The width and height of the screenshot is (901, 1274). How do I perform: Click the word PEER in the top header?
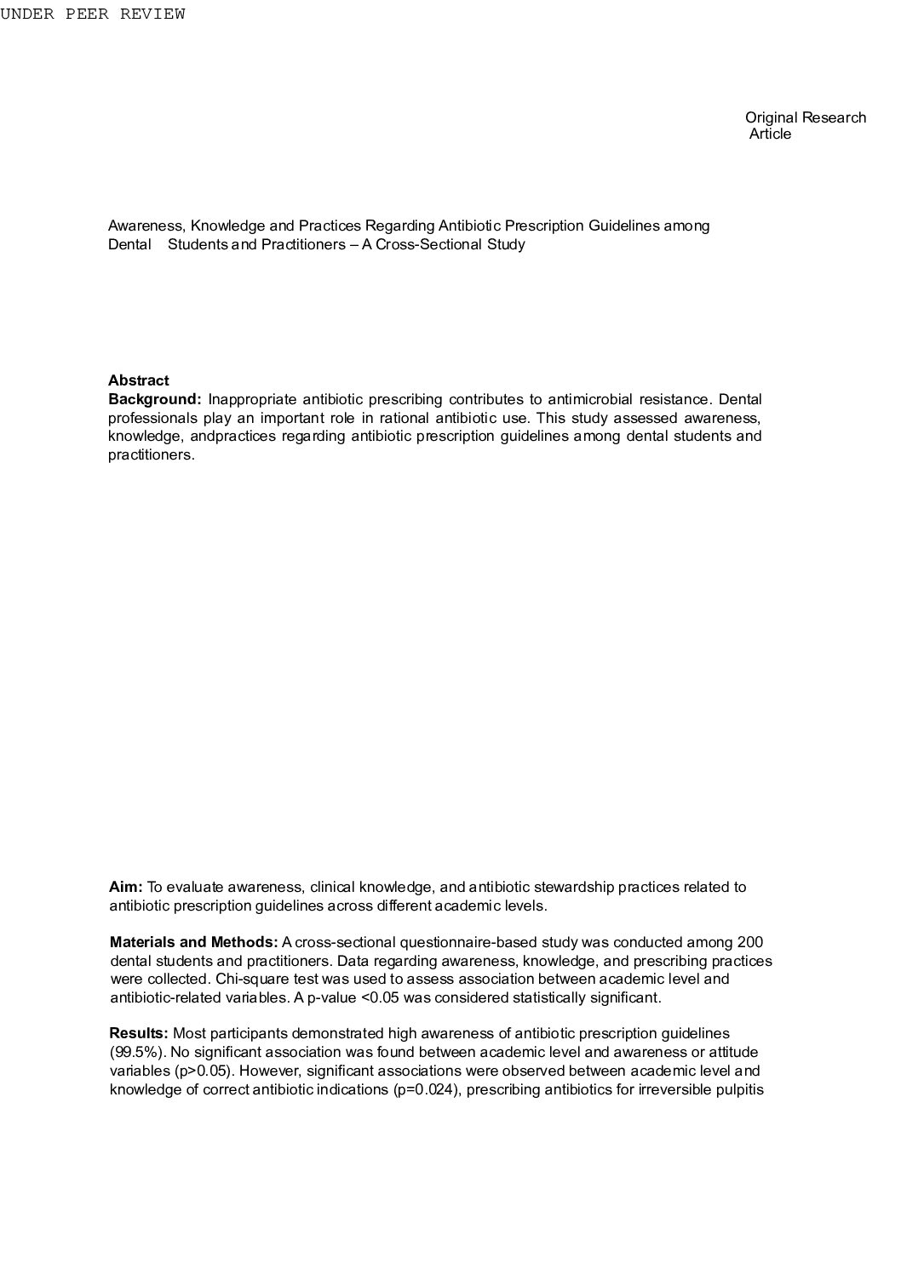[88, 14]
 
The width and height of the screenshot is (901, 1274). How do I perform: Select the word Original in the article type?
[772, 117]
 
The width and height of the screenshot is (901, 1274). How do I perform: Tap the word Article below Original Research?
[770, 134]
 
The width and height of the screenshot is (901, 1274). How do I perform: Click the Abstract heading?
[138, 380]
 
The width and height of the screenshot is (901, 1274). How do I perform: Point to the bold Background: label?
[155, 399]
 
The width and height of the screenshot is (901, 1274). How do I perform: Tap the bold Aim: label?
[126, 887]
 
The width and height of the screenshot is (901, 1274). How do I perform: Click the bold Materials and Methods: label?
[194, 942]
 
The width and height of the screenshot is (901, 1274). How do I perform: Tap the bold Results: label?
[140, 1034]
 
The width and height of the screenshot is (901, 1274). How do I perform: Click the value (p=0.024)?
[428, 1089]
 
